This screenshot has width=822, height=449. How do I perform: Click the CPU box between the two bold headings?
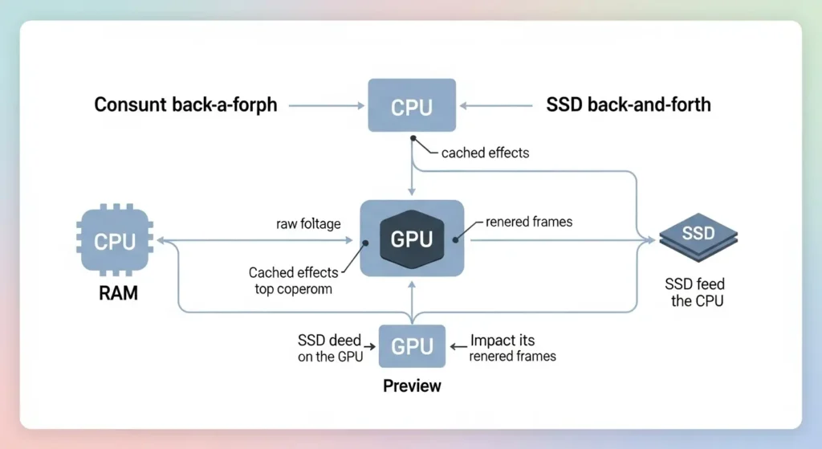click(411, 105)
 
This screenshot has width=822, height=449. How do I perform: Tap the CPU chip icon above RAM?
click(116, 241)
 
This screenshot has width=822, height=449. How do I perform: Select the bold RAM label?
click(118, 293)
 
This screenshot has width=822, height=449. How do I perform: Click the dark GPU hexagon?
click(411, 239)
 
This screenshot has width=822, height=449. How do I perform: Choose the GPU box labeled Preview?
click(411, 346)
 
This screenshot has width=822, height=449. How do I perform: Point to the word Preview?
click(412, 386)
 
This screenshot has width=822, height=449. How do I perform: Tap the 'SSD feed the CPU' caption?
click(695, 292)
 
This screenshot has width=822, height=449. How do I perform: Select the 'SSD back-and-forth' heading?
click(628, 104)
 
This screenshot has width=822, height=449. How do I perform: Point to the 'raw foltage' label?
click(309, 224)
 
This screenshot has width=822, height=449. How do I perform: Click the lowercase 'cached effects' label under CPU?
click(485, 153)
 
